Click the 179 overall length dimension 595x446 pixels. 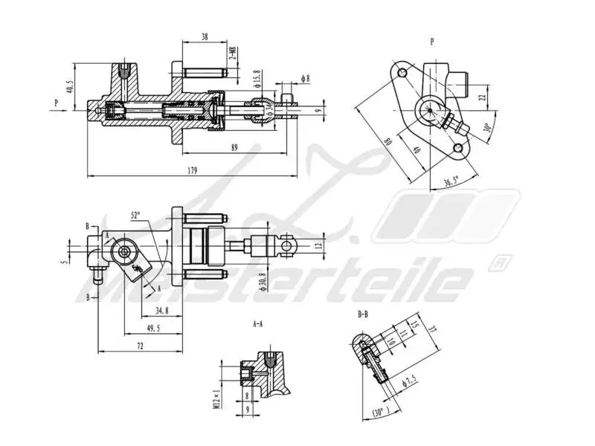click(193, 171)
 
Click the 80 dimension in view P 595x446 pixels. click(387, 139)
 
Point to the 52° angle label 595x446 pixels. click(135, 216)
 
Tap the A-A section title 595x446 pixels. click(258, 323)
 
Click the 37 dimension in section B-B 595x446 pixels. click(431, 330)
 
